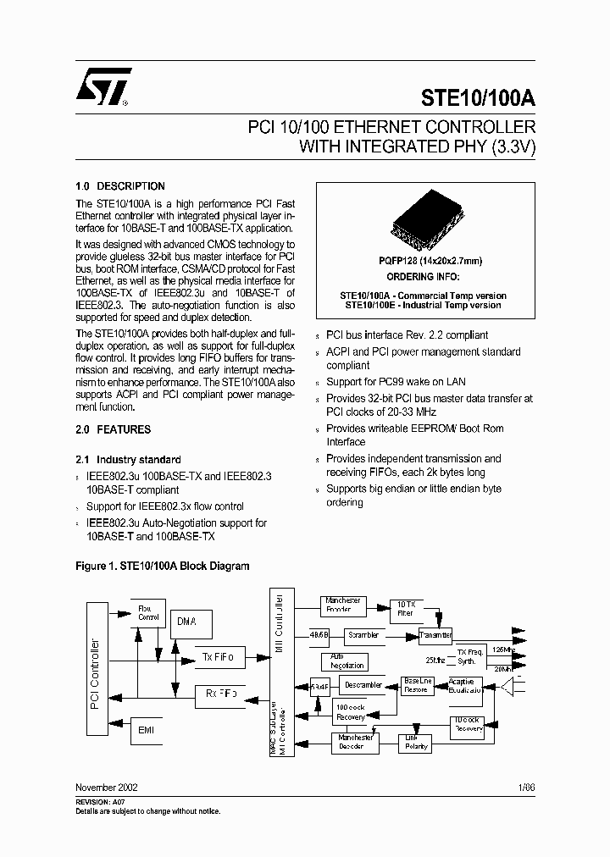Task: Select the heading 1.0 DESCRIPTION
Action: click(120, 186)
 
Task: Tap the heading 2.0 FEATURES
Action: click(114, 429)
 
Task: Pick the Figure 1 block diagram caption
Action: click(163, 566)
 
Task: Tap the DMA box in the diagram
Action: click(187, 622)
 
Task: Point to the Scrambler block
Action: click(364, 634)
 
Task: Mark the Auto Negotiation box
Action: click(341, 661)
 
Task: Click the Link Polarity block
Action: click(414, 743)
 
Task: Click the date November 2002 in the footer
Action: click(107, 787)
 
